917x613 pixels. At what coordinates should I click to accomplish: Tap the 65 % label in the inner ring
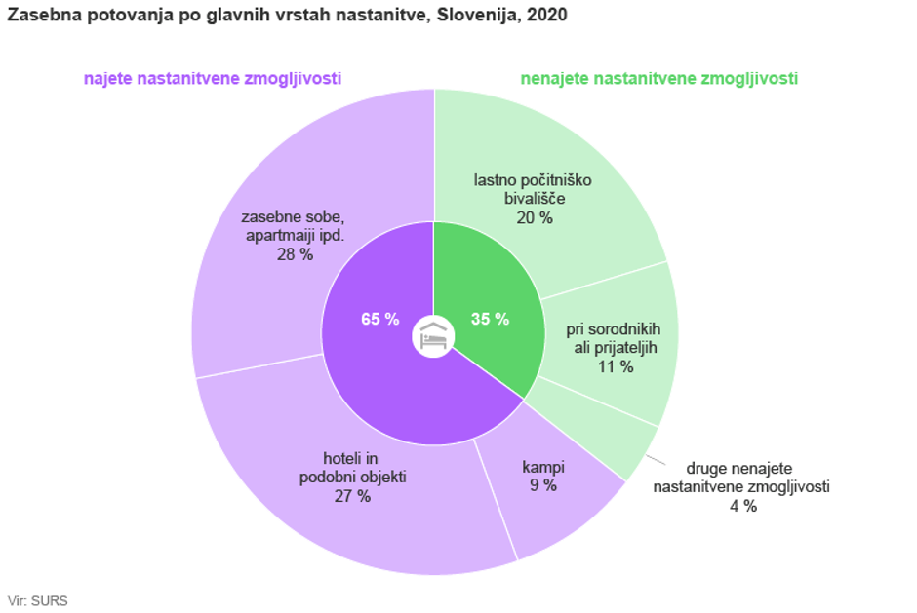379,319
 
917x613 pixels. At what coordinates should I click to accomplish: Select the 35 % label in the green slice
490,319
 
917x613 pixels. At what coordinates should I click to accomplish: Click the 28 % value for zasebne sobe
294,254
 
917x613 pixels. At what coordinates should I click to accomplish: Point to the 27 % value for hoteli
352,496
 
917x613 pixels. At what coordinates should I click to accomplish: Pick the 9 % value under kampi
543,485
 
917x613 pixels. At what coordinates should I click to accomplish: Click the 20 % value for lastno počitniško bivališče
535,217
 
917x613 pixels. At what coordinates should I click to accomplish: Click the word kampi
543,468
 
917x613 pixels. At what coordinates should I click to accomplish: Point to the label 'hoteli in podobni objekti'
352,468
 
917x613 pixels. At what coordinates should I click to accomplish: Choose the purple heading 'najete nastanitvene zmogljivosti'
212,79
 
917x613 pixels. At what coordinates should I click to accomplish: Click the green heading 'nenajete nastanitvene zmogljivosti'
658,79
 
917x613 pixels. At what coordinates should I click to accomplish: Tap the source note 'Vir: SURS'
37,600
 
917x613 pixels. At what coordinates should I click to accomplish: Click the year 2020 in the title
548,16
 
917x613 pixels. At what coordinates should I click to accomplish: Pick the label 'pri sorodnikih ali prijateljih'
613,338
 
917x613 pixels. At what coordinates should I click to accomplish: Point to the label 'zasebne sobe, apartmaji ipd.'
294,226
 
